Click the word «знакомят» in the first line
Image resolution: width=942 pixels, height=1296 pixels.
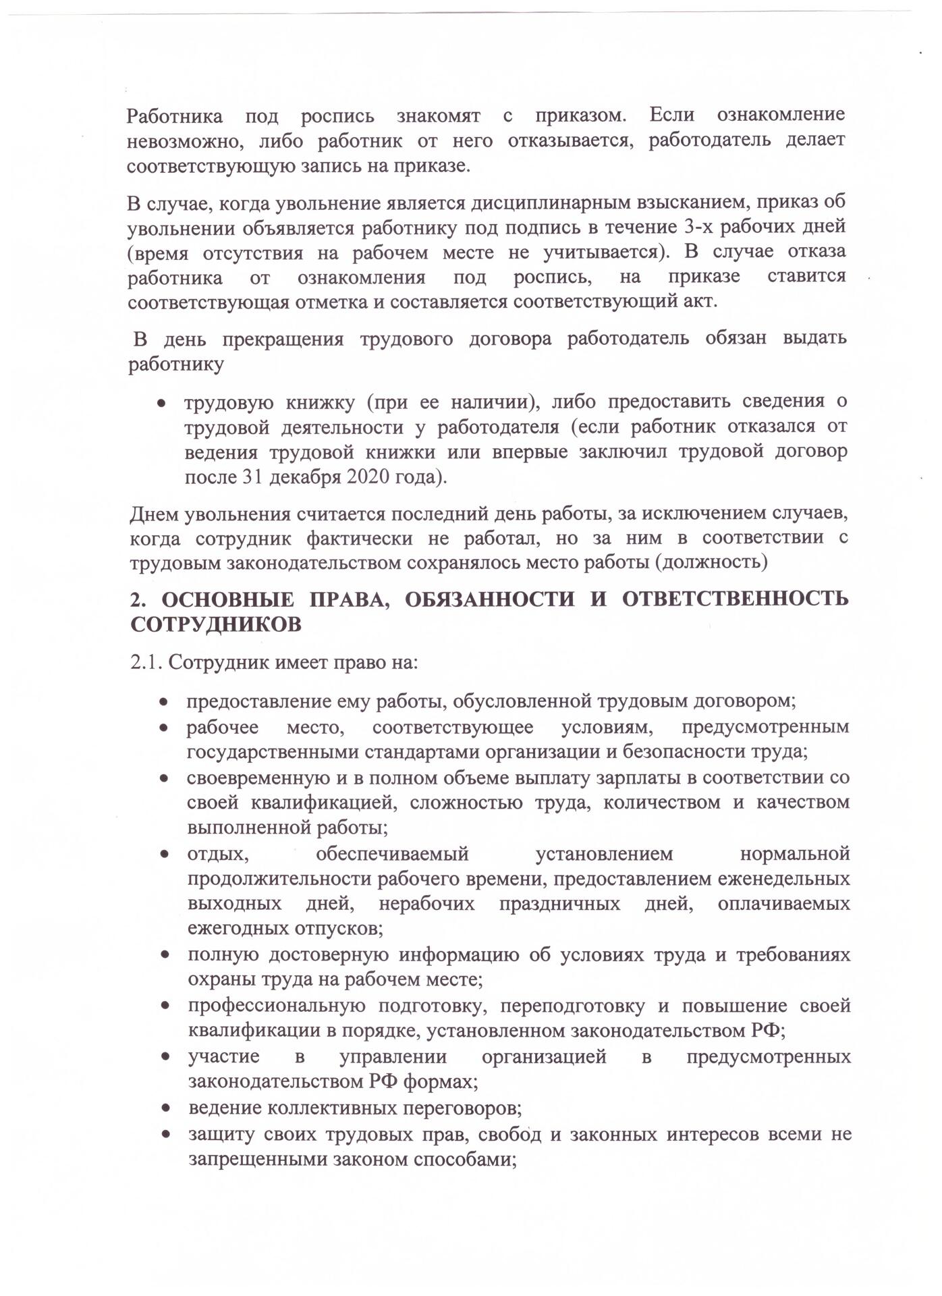pos(438,116)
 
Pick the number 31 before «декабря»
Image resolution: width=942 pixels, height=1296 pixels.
pos(251,477)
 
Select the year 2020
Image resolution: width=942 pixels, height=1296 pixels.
pos(369,477)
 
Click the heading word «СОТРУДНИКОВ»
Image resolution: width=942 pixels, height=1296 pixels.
pos(216,625)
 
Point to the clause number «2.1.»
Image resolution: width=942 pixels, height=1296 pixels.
pos(146,662)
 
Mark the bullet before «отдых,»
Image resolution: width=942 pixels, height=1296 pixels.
pos(164,855)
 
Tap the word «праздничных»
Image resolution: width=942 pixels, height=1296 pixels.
pos(559,904)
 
